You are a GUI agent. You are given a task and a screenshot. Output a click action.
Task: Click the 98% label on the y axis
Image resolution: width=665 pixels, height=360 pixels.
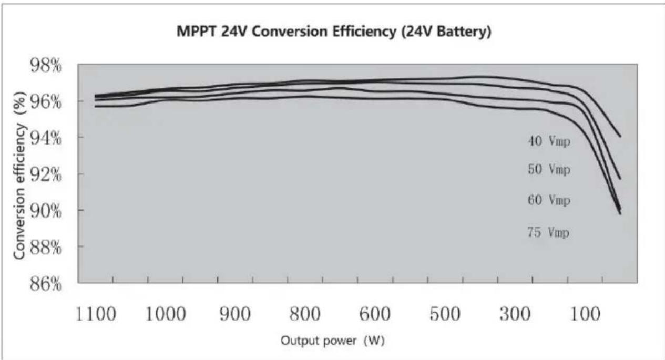tap(45, 65)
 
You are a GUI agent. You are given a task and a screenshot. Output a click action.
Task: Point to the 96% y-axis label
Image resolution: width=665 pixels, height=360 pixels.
tap(45, 102)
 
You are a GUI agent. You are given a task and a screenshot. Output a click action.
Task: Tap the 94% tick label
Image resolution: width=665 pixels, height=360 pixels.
tap(45, 138)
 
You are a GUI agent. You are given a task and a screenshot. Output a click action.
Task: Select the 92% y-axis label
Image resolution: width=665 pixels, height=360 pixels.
tap(45, 175)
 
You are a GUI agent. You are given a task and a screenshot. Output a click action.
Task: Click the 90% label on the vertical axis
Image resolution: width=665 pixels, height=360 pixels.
tap(45, 211)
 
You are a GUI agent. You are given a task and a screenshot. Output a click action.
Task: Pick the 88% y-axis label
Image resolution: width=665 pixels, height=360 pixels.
tap(45, 248)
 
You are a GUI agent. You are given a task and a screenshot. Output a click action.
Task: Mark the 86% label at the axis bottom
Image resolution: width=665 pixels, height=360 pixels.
tap(45, 284)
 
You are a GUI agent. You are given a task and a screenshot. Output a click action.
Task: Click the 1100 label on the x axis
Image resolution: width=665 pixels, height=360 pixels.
tap(96, 314)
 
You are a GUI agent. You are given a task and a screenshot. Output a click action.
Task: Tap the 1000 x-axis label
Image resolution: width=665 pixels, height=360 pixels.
tap(166, 314)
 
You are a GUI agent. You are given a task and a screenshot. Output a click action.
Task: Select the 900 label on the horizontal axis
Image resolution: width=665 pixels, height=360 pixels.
tap(235, 314)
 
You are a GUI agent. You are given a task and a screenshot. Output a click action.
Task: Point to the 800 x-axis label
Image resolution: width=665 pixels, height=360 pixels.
tap(305, 314)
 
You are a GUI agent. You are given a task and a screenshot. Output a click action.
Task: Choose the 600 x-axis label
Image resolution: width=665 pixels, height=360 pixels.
tap(375, 314)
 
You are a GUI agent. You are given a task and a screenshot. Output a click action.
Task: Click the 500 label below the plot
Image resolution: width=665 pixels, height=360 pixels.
tap(445, 314)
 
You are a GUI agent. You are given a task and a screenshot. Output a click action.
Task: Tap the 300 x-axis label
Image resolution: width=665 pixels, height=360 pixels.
tap(515, 314)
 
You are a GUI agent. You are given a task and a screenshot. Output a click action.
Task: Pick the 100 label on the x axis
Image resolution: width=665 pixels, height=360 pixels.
tap(585, 314)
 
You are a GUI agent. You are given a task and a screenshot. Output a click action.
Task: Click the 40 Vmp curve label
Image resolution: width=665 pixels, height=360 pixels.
tap(549, 141)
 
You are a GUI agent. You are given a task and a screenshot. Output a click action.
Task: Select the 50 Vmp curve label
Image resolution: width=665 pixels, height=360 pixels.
tap(549, 169)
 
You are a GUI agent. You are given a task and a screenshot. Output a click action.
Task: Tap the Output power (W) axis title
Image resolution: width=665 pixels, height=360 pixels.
tap(333, 341)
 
